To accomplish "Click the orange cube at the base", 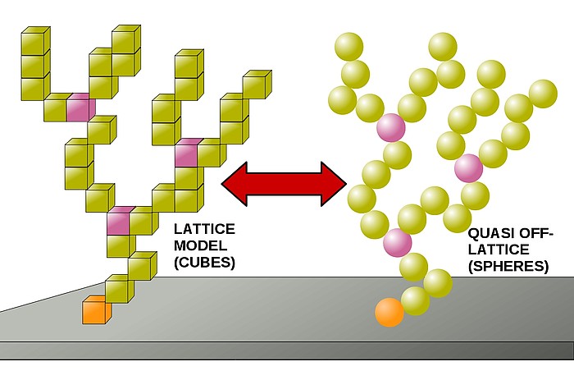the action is coord(97,309).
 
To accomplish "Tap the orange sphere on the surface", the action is coord(389,313).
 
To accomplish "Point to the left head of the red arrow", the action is coord(235,184).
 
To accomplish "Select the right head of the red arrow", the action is coord(334,184).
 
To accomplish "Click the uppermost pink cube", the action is coord(81,107).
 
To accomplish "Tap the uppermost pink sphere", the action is coord(391,127).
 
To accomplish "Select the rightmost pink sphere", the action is coord(468,168).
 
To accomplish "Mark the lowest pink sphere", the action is coord(398,243).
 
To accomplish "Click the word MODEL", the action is coord(200,245).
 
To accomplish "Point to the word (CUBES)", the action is coord(204,263).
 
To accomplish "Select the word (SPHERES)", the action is coord(508,266).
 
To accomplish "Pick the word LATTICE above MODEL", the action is coord(204,229).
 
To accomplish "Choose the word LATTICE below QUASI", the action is coord(499,250).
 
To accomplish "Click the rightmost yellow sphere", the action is coord(543,94).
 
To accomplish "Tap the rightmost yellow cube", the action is coord(257,85).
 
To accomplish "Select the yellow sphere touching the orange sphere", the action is coord(415,301).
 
